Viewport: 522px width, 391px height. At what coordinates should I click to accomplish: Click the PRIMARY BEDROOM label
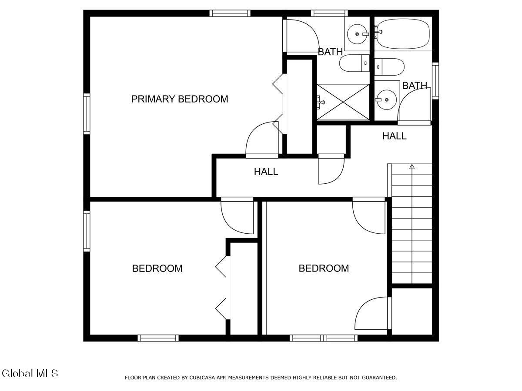(180, 99)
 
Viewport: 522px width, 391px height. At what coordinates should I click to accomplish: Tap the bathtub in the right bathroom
(403, 34)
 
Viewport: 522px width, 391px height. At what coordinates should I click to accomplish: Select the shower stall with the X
(343, 102)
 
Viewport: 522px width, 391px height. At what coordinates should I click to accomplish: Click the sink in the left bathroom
(358, 33)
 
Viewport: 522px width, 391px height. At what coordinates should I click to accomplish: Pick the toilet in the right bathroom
(390, 66)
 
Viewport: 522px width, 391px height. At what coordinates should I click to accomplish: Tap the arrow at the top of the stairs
(412, 166)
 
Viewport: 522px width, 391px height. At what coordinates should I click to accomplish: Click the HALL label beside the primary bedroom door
(266, 172)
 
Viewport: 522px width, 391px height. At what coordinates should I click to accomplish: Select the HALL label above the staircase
(395, 136)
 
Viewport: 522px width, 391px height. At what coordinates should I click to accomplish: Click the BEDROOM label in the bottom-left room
(157, 268)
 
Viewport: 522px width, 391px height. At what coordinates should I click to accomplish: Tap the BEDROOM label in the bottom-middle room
(324, 268)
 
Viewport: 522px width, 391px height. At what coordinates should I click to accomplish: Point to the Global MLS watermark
(30, 373)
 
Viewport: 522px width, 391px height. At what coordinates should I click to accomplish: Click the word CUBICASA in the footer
(201, 378)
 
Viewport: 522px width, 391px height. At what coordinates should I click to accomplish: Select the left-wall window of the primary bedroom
(87, 114)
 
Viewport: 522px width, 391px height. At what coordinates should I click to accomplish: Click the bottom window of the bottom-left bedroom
(158, 338)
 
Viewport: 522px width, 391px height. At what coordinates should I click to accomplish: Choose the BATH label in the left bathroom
(330, 52)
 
